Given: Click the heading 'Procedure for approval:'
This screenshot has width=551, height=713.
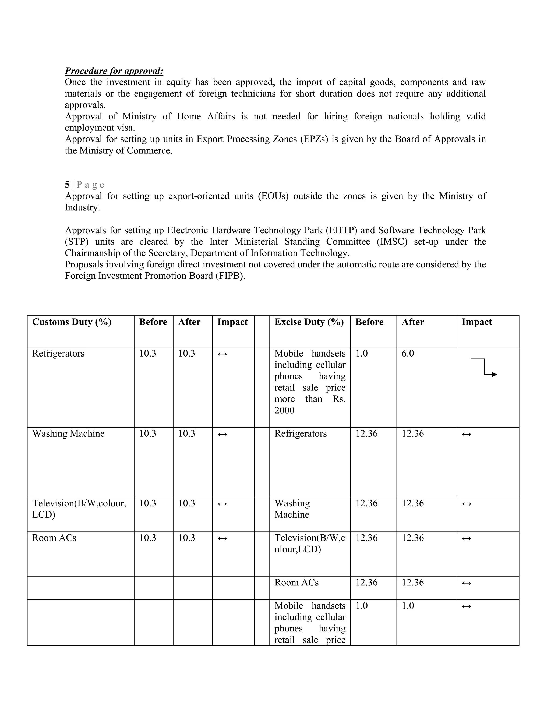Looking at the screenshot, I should (x=114, y=71).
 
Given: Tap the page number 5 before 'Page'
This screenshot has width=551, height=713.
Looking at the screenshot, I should (x=67, y=185).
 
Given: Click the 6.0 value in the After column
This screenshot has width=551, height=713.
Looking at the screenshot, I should (x=408, y=353).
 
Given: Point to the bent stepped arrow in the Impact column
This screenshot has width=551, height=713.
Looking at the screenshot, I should (x=484, y=368).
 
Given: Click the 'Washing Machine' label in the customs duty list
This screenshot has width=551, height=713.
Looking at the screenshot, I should (x=68, y=433).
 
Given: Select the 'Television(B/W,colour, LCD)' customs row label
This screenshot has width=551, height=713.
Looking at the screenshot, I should (x=79, y=509).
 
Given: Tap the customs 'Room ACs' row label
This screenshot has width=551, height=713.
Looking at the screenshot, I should (x=54, y=538).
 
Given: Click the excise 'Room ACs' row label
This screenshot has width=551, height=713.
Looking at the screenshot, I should (x=296, y=583).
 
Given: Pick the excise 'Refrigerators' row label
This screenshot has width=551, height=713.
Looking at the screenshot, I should (x=300, y=433).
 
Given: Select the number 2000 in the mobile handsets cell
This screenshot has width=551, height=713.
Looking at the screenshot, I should (x=284, y=410).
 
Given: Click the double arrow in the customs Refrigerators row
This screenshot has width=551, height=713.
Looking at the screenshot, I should (x=222, y=354).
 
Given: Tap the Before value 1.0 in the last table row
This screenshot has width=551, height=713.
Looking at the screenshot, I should (x=362, y=606).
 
